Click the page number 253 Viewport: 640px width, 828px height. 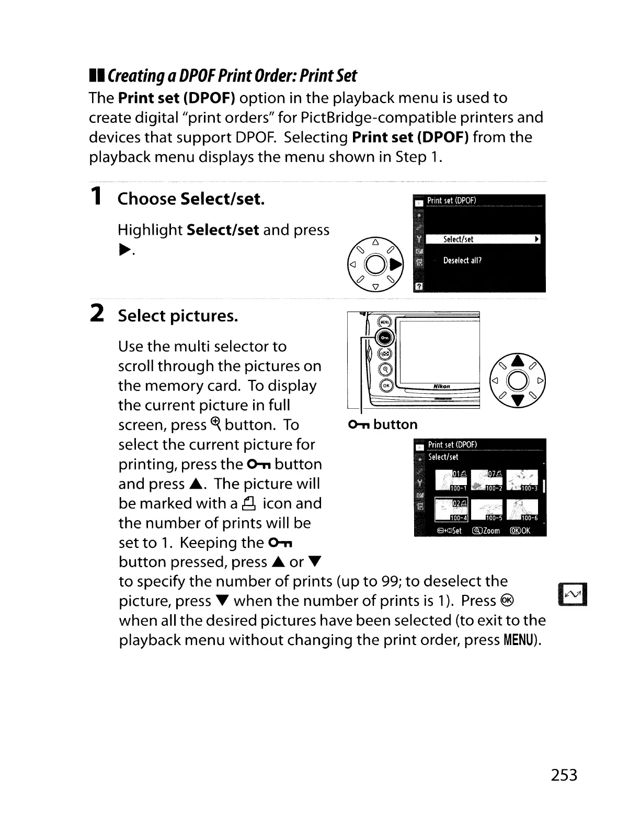point(564,774)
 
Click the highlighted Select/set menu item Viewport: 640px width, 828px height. point(482,239)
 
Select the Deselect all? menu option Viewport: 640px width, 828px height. point(462,260)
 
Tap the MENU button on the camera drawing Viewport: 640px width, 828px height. point(384,323)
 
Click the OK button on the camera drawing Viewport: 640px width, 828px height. point(386,386)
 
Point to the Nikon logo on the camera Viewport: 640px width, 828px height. point(441,387)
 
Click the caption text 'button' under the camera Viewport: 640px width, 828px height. point(395,424)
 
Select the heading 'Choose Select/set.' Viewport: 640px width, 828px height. point(191,199)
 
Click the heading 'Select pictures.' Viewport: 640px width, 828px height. point(178,316)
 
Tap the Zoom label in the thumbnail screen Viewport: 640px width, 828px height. point(486,531)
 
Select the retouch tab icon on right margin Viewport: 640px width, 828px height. point(573,594)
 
